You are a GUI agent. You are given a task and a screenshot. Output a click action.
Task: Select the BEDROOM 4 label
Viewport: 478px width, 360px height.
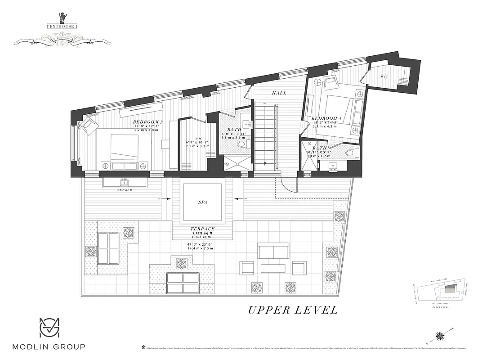click(326, 118)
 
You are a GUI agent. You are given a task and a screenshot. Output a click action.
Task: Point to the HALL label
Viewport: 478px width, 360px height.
click(279, 93)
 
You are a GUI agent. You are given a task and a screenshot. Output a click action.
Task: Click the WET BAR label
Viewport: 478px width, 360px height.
click(124, 190)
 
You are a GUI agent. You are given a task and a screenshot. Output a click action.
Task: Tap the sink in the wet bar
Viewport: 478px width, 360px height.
click(124, 182)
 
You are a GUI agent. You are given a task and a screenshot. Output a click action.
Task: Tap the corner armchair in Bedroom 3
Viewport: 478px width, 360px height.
click(89, 126)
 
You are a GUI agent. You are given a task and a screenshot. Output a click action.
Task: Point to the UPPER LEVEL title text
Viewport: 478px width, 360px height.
click(293, 310)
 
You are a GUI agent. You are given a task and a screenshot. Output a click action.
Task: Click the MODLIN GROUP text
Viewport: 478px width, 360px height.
click(49, 346)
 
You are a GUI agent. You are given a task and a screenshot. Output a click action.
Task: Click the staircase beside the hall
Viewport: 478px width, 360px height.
click(264, 135)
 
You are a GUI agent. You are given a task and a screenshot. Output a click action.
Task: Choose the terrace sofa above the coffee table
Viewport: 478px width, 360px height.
click(273, 251)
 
